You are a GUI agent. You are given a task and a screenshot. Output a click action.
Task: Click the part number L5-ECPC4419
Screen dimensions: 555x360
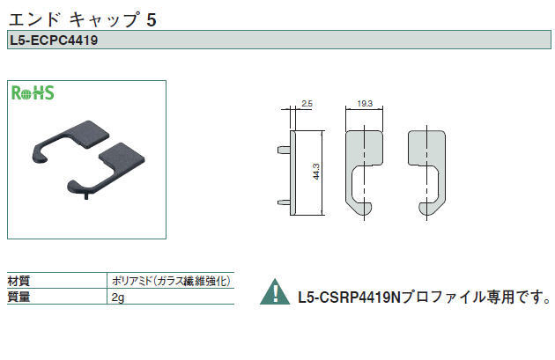tap(54, 40)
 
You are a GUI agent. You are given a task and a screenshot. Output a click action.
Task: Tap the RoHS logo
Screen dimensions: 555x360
tap(33, 93)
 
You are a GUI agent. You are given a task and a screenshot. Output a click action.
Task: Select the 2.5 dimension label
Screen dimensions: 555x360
tap(307, 104)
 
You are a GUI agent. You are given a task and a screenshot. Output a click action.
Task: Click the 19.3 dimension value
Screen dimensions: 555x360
tap(365, 104)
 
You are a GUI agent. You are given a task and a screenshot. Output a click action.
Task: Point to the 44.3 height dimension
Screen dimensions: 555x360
tap(316, 171)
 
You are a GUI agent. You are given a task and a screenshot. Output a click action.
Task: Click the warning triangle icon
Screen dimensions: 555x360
tap(275, 292)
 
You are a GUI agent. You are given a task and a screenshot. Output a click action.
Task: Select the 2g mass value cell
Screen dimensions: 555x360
tap(118, 297)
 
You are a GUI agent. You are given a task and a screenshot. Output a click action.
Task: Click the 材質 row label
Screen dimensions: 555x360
tap(18, 282)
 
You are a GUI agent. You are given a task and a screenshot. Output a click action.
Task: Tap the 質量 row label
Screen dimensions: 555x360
tap(18, 297)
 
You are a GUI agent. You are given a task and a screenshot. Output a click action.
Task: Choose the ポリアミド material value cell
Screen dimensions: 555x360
tap(171, 281)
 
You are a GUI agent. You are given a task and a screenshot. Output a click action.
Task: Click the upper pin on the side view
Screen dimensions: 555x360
tap(284, 150)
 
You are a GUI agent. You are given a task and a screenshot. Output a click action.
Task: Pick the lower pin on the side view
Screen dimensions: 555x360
tap(284, 202)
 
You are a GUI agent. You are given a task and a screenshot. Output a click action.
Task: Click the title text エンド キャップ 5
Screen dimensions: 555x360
tap(83, 19)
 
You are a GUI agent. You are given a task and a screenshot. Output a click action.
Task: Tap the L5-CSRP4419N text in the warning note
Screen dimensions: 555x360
tap(349, 297)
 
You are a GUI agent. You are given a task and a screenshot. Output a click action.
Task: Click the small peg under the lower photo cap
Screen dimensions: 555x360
tap(86, 196)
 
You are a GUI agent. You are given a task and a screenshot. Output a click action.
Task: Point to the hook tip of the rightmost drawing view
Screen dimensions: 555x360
tap(422, 209)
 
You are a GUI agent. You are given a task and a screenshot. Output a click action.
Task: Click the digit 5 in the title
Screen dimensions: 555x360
tap(152, 19)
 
